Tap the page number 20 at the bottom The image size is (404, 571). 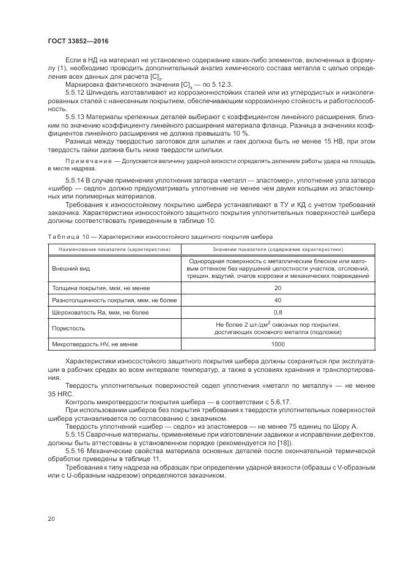coord(51,519)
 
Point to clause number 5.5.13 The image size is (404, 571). coord(75,115)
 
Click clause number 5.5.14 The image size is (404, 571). coord(75,181)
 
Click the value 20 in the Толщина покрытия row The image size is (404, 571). coord(277,288)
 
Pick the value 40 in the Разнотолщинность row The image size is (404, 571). coord(277,300)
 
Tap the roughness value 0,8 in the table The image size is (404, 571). coord(277,313)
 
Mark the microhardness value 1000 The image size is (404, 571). coord(277,344)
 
